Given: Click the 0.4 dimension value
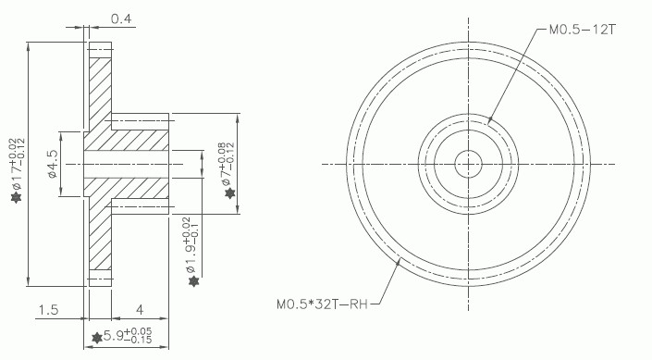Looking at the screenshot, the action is (120, 19).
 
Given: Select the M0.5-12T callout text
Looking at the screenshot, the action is (582, 30).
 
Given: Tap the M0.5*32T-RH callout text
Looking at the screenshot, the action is (322, 304).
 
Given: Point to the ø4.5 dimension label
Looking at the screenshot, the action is (53, 164).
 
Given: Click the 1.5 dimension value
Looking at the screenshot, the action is (49, 310).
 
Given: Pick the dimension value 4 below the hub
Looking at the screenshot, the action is (140, 310).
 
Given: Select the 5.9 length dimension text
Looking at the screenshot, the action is (128, 335).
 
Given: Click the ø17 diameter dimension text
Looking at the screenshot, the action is (17, 165).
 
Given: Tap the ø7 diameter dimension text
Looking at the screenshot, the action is (226, 164).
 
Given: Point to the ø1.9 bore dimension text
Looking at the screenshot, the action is (191, 244).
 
